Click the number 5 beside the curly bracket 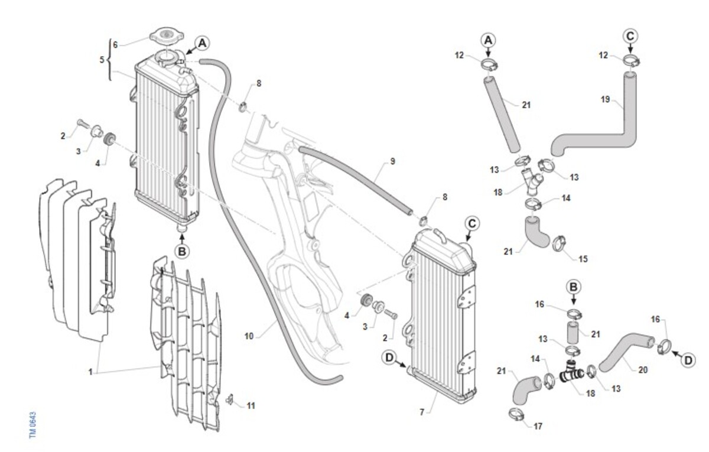point(102,60)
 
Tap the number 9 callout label point(393,161)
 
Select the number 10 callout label point(249,336)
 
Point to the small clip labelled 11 point(230,400)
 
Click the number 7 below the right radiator point(422,412)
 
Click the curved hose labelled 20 point(625,351)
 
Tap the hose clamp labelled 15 point(560,243)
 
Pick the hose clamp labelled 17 point(516,414)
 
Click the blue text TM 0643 point(33,425)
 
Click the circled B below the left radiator point(182,252)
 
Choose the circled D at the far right point(688,360)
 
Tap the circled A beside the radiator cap point(202,43)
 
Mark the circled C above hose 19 point(630,36)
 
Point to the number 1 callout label point(90,372)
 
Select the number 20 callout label point(643,370)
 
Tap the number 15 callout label point(583,259)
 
